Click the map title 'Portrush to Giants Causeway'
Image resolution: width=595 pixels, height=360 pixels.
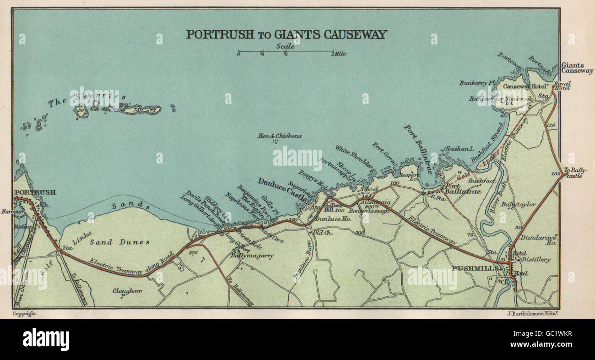(x=287, y=34)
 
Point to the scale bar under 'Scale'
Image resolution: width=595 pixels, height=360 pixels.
(x=286, y=51)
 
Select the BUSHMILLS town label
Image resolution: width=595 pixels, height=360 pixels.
(x=475, y=268)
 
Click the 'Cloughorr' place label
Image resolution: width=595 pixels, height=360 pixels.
(x=127, y=291)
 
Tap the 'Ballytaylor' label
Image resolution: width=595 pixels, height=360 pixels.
(x=518, y=204)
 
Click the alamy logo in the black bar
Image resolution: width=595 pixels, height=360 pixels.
(x=46, y=339)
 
